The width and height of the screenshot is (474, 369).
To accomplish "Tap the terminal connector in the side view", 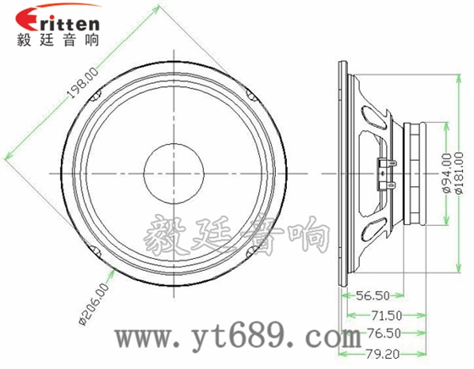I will pyautogui.click(x=389, y=170).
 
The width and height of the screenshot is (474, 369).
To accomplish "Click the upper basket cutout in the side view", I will pyautogui.click(x=372, y=113).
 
